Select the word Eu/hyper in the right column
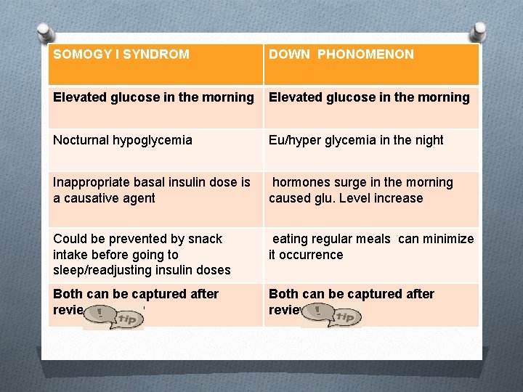[x=292, y=140]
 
